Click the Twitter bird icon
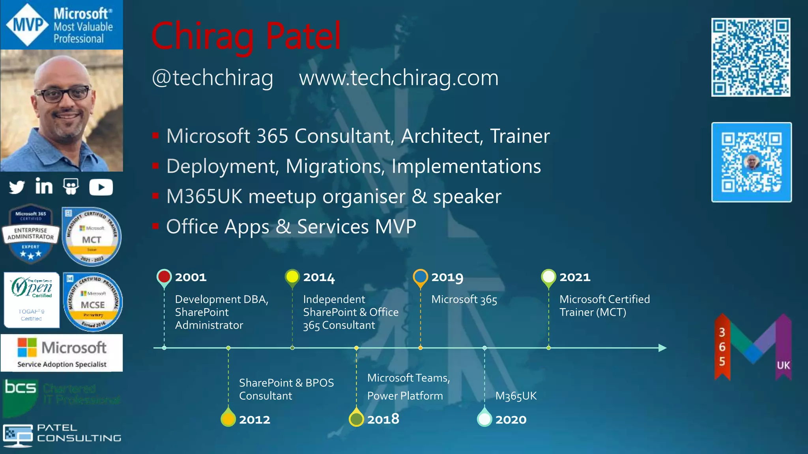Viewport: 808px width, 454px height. pos(17,187)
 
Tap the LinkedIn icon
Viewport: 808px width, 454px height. pos(44,186)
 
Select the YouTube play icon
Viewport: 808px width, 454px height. pos(101,187)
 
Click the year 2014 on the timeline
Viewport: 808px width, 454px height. pos(319,277)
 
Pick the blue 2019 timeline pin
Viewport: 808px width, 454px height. pos(421,277)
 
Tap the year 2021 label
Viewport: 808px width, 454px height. pos(575,277)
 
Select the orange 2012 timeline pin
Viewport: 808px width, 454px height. pos(228,419)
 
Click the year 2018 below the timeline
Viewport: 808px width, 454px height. pos(383,419)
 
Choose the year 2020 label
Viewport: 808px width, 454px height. pos(511,419)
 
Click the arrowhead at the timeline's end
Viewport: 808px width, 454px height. pos(662,348)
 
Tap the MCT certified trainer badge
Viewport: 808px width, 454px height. pos(92,237)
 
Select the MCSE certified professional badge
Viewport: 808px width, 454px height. pos(93,302)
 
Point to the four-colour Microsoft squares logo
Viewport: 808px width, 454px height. pos(27,347)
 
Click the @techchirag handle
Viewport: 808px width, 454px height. pos(212,78)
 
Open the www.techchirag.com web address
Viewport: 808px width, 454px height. pos(398,78)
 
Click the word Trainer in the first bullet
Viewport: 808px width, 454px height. pos(520,136)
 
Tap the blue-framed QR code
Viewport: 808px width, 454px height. pos(752,162)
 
